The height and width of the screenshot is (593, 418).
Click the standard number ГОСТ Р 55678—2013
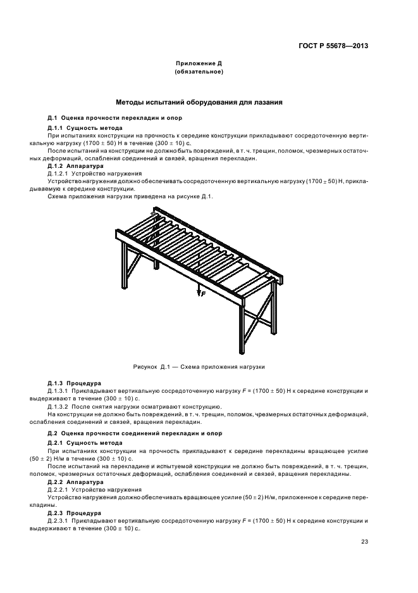tap(333, 46)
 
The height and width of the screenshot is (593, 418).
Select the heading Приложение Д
tap(199, 64)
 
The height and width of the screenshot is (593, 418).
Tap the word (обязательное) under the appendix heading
tap(199, 72)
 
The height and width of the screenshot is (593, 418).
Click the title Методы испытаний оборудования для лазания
tap(199, 101)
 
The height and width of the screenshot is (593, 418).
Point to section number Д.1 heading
tap(53, 118)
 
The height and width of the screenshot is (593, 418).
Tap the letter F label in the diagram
tap(203, 294)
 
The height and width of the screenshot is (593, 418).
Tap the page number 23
tap(364, 541)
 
